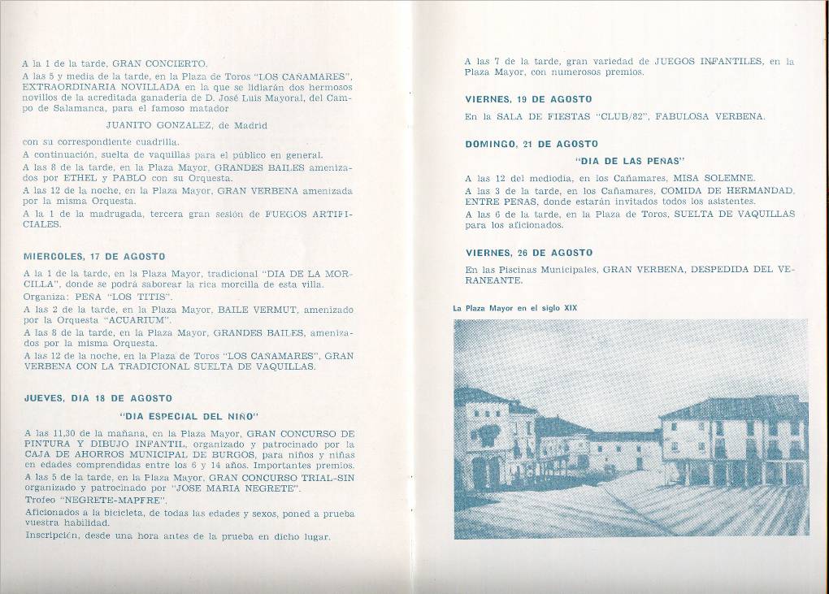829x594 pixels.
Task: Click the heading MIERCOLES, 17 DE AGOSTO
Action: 94,257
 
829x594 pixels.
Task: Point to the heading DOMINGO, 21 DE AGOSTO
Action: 532,144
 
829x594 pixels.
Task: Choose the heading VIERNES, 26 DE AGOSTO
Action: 528,253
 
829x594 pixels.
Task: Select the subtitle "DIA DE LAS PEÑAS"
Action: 630,160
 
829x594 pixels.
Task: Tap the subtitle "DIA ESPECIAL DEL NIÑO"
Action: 188,415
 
